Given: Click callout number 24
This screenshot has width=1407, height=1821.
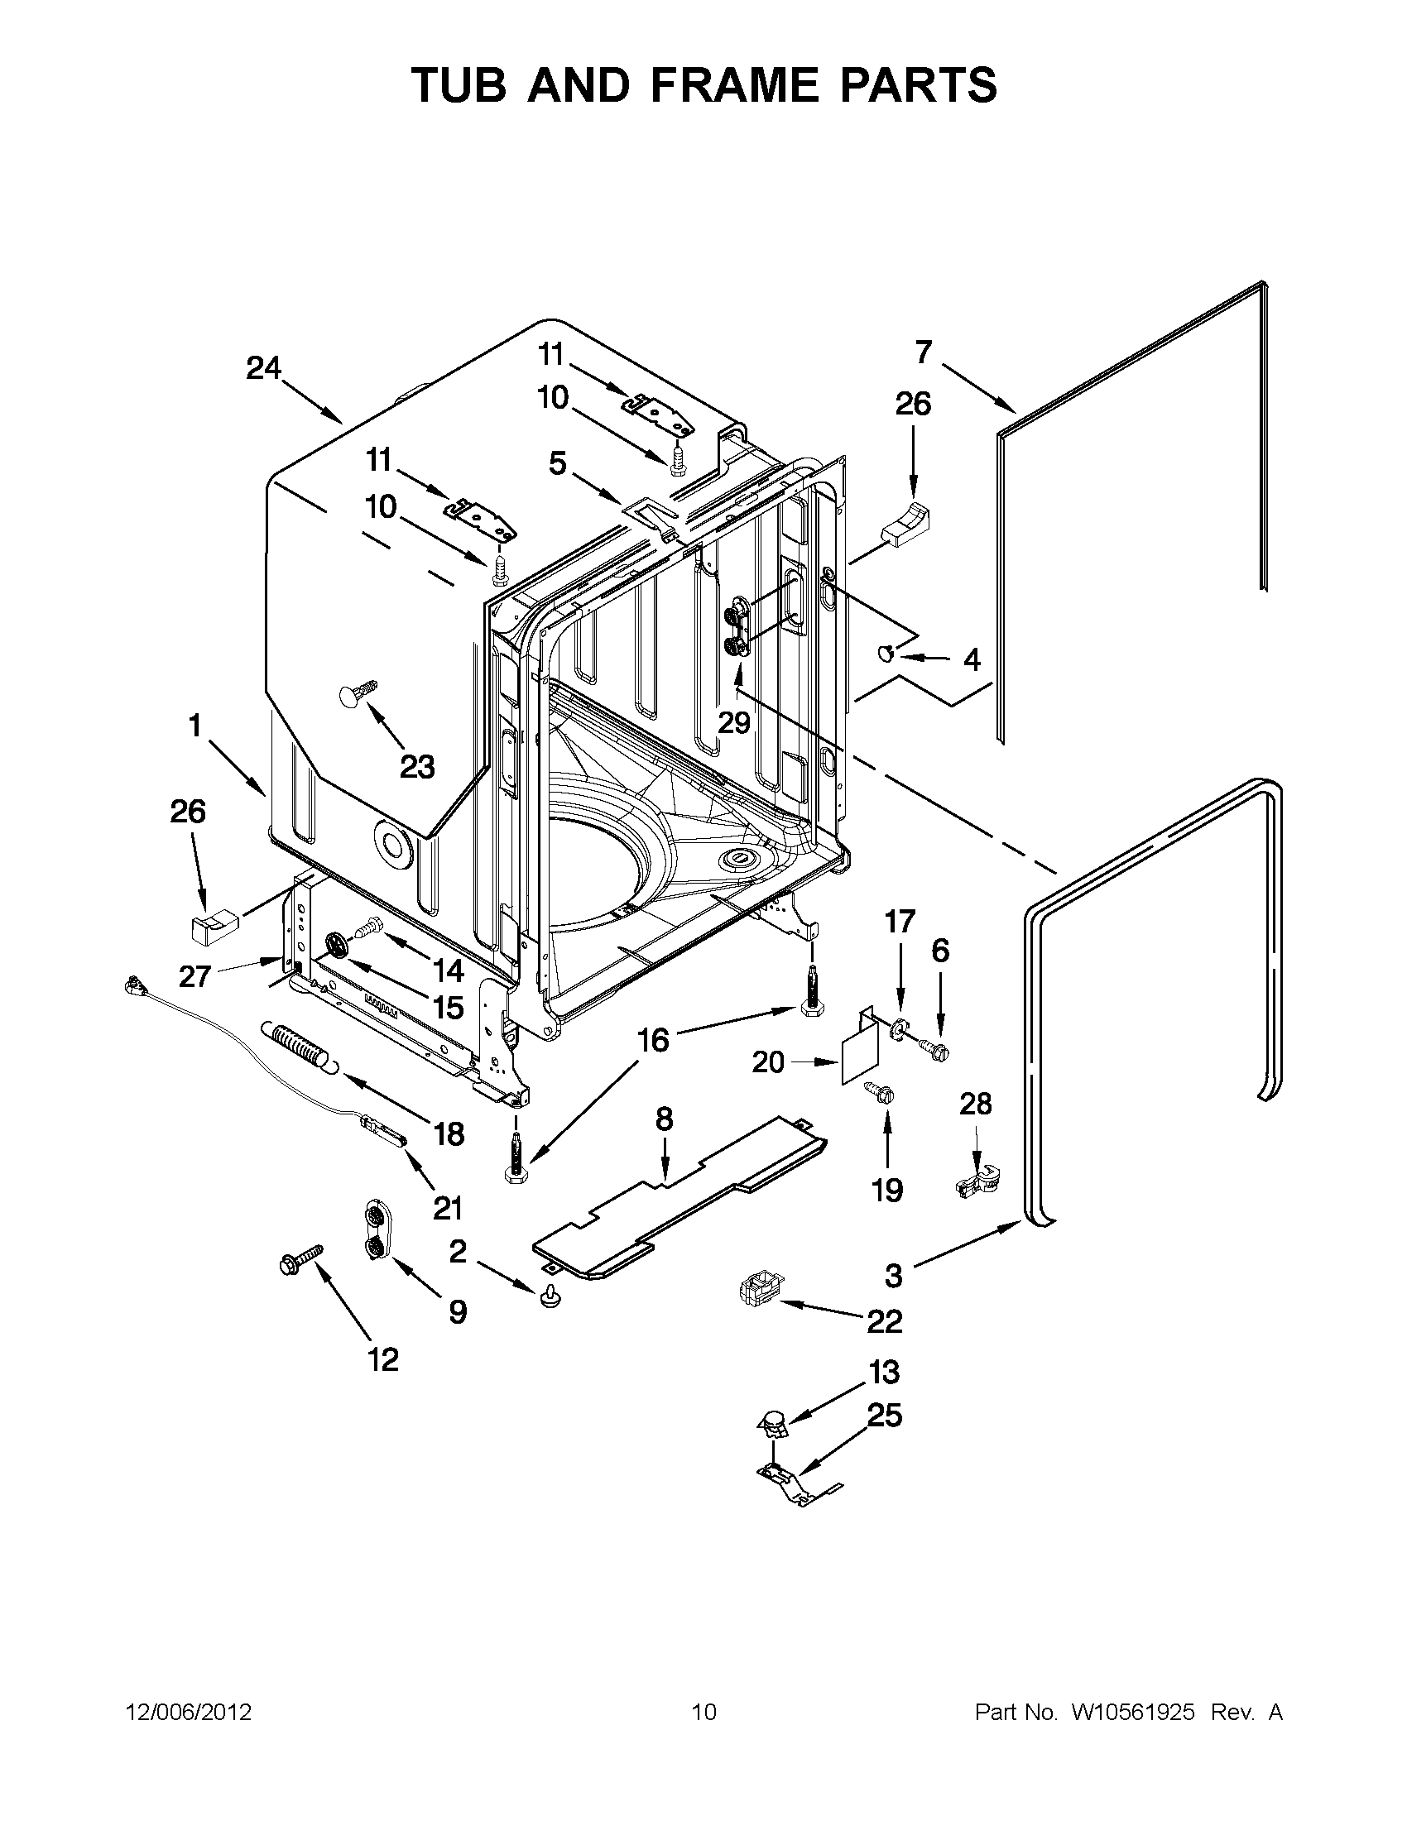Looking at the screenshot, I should [263, 367].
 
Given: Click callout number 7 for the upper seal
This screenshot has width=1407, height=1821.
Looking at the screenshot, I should [923, 352].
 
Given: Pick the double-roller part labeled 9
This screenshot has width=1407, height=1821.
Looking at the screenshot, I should [376, 1234].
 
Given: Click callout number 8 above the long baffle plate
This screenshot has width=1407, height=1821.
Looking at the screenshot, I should [664, 1119].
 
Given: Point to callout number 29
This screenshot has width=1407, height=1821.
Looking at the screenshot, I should [735, 721].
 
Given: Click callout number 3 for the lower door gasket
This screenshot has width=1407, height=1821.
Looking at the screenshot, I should [893, 1275].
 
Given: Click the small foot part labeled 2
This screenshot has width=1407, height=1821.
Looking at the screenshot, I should [550, 1296].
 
